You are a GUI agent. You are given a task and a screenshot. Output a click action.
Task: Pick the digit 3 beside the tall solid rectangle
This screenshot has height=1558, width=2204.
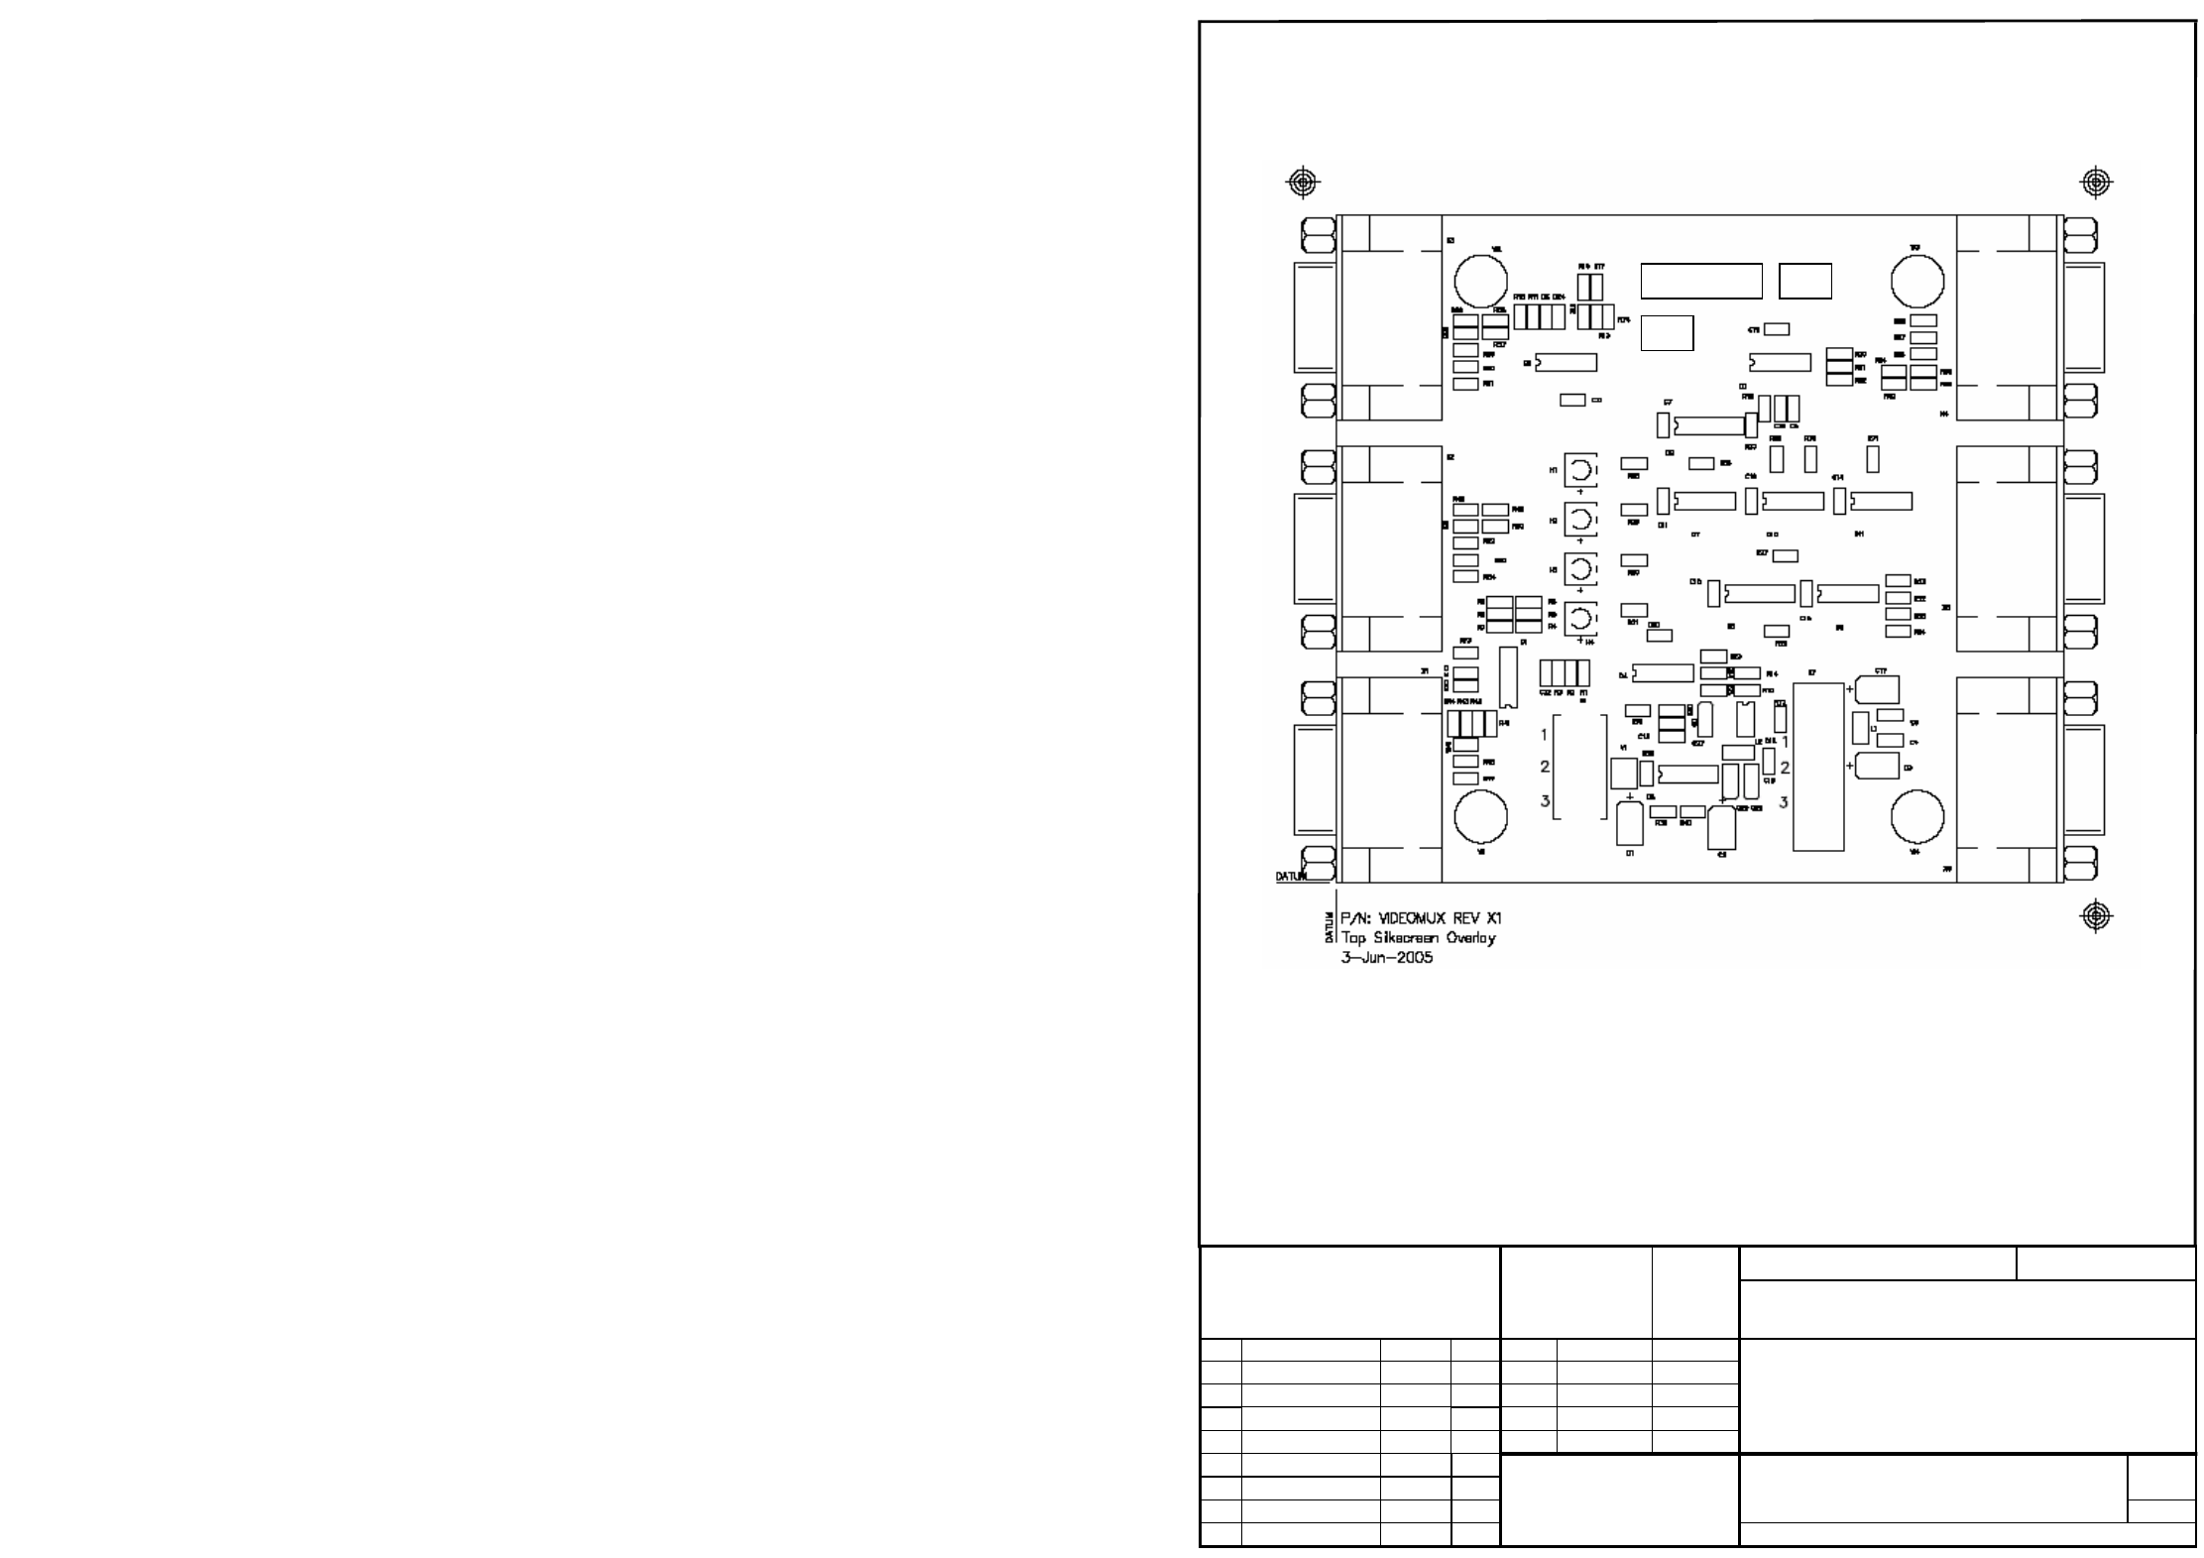pos(1784,801)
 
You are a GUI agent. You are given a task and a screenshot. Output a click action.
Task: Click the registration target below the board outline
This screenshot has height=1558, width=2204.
pos(2095,916)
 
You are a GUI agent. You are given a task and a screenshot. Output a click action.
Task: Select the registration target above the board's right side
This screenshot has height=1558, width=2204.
pos(2095,182)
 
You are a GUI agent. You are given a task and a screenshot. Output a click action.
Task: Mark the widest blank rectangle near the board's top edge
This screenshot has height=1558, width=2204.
pos(1701,281)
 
